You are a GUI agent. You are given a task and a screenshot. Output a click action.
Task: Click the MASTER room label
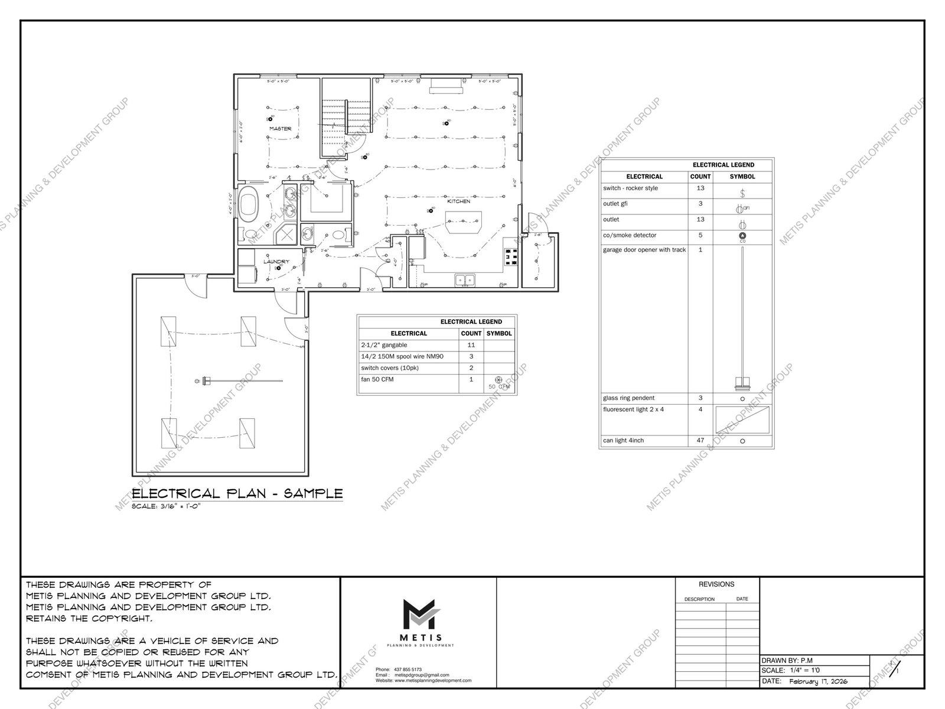(x=280, y=129)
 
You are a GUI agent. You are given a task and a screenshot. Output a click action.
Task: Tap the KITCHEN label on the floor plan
(x=458, y=201)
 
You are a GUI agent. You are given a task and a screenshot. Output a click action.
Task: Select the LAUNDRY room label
(x=276, y=261)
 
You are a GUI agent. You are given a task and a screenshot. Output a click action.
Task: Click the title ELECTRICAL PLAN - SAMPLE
(x=237, y=494)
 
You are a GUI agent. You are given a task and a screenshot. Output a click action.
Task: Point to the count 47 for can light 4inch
(x=700, y=441)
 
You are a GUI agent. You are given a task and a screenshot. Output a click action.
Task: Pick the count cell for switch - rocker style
(x=700, y=188)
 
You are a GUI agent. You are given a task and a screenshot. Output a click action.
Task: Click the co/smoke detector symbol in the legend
(x=742, y=236)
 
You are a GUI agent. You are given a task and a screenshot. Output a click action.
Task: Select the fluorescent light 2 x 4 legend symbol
(x=742, y=419)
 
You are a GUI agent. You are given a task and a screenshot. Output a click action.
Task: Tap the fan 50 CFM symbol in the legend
(x=498, y=380)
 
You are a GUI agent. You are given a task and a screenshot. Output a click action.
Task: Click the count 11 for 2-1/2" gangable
(x=471, y=345)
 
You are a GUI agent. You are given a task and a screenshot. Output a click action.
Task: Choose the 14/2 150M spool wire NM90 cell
(x=402, y=357)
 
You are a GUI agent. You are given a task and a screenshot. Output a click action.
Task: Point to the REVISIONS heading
(x=716, y=584)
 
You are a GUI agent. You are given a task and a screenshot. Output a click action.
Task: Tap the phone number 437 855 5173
(x=407, y=669)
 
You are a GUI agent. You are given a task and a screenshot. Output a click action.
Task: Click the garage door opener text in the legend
(x=644, y=250)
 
